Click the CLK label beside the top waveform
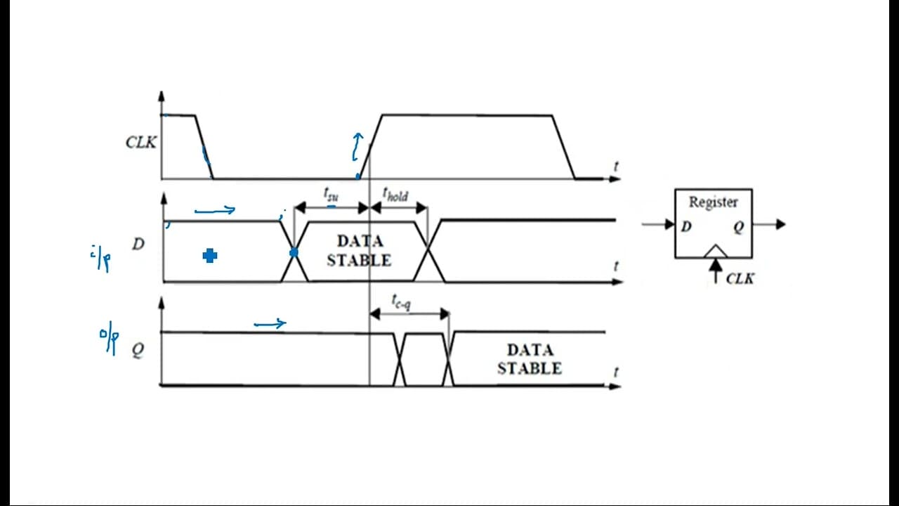point(141,142)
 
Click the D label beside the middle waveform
point(138,244)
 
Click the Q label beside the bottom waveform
point(138,350)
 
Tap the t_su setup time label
point(331,194)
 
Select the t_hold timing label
point(395,195)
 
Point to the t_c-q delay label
point(401,302)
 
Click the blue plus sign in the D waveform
point(210,255)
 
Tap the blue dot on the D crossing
point(294,252)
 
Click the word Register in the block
point(713,202)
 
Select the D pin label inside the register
point(686,227)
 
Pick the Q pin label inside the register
point(739,227)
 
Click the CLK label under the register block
point(740,279)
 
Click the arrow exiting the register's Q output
point(768,224)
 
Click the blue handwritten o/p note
point(109,342)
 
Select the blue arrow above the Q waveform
point(270,324)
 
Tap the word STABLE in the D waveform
point(359,260)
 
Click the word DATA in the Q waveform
point(530,350)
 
